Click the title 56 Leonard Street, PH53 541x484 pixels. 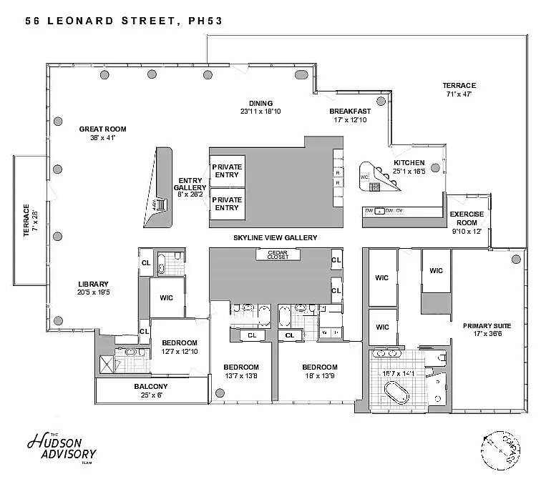(124, 21)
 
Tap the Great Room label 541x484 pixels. (102, 129)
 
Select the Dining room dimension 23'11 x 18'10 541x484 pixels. (260, 112)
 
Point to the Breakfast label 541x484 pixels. (349, 112)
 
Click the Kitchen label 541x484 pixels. (409, 163)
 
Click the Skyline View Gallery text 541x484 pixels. (274, 237)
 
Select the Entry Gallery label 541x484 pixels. (190, 184)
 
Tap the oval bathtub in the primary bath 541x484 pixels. (396, 394)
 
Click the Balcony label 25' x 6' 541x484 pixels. (151, 387)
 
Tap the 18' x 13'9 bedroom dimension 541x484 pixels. (319, 375)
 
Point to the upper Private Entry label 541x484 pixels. (227, 171)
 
